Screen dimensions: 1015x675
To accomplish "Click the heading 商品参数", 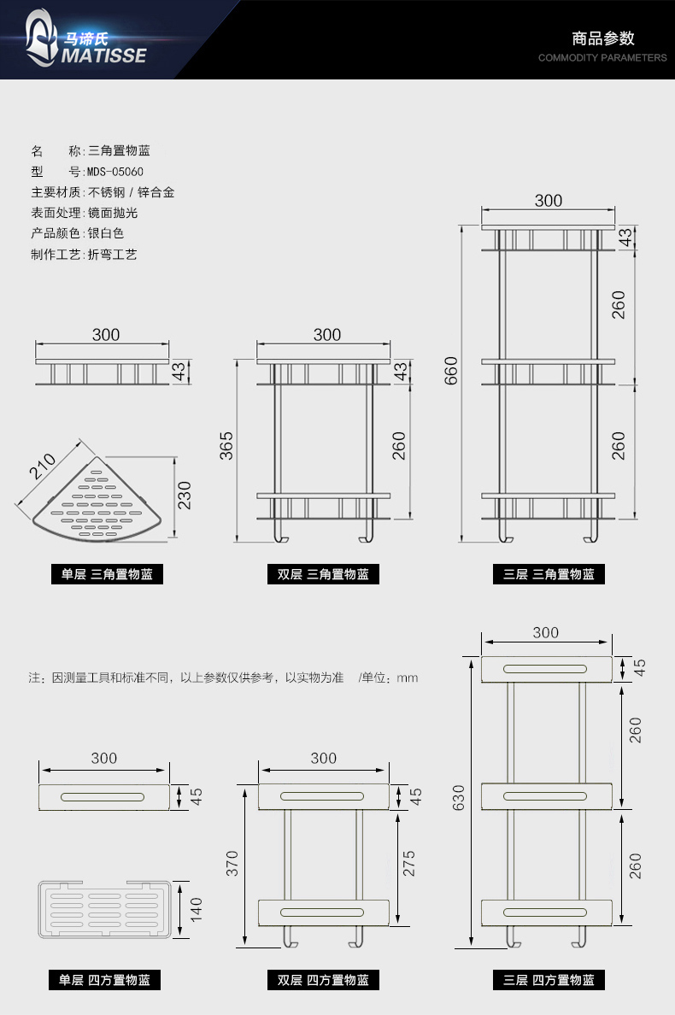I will pyautogui.click(x=602, y=38).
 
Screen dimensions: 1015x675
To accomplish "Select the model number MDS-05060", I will pyautogui.click(x=115, y=172).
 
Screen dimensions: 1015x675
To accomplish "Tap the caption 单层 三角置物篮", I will pyautogui.click(x=107, y=575).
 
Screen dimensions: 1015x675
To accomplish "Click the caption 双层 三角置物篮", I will pyautogui.click(x=323, y=575).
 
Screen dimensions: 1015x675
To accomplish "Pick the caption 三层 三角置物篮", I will pyautogui.click(x=549, y=575).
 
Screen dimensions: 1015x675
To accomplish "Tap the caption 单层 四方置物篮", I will pyautogui.click(x=107, y=981).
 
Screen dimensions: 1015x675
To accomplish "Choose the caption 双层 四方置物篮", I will pyautogui.click(x=323, y=981).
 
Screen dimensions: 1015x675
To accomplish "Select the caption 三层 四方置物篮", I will pyautogui.click(x=549, y=981).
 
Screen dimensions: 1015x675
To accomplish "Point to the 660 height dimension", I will pyautogui.click(x=452, y=370).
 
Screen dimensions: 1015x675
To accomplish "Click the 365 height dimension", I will pyautogui.click(x=227, y=445).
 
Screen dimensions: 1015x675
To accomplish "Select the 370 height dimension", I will pyautogui.click(x=232, y=865).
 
